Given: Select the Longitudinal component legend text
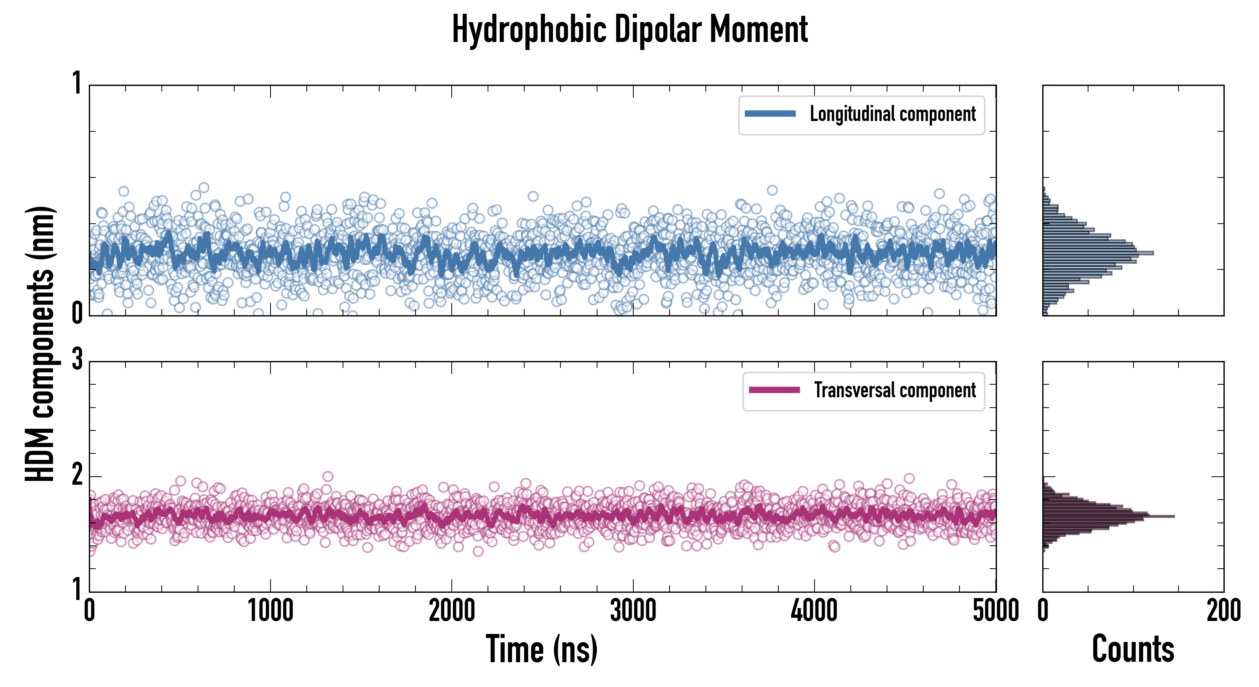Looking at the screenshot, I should pos(892,114).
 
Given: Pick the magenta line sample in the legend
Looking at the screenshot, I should pos(774,390).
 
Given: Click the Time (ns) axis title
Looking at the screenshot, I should pos(541,649).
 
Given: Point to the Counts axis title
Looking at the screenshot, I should pos(1133,649).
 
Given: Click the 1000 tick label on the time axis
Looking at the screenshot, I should pos(270,611).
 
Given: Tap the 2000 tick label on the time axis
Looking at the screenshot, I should pos(452,611).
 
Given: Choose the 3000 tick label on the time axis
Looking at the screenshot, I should pos(633,611).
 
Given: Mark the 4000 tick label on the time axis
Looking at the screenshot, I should pos(814,611).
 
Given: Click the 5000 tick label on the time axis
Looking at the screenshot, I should pos(996,611).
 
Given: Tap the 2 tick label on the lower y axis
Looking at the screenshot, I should pos(77,474).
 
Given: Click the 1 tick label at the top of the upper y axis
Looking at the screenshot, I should pos(77,83).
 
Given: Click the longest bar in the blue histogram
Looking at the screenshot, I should pos(1098,253).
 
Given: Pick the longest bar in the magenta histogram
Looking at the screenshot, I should pos(1108,516).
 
